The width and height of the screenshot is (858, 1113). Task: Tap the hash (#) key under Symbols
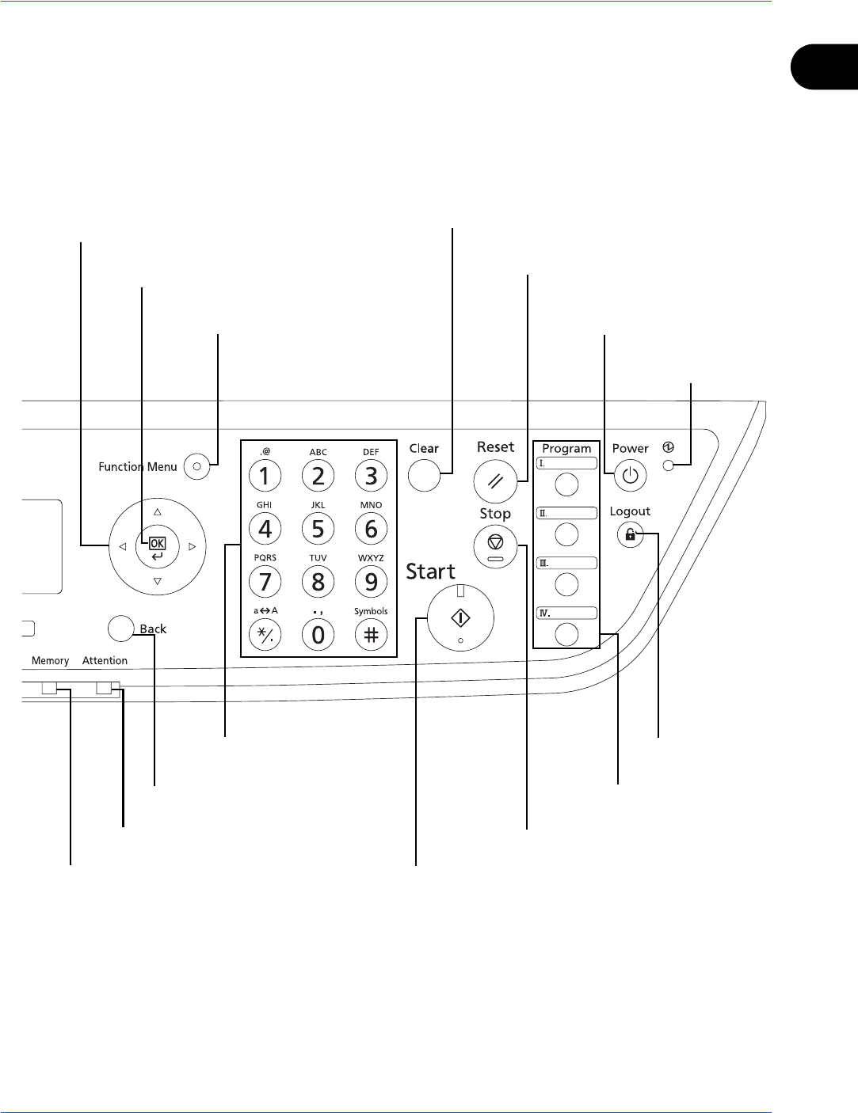(371, 635)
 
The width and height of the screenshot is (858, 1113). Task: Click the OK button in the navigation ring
(158, 544)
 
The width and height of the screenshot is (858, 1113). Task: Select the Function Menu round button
(196, 467)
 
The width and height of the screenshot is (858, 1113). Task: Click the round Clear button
(424, 476)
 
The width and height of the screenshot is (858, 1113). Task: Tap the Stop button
(495, 544)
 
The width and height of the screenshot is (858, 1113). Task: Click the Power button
(630, 477)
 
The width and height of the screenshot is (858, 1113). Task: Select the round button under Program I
(566, 484)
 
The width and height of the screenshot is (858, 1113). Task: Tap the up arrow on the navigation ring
(158, 511)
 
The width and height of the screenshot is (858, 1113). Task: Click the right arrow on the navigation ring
(192, 546)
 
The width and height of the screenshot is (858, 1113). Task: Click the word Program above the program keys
(566, 449)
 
